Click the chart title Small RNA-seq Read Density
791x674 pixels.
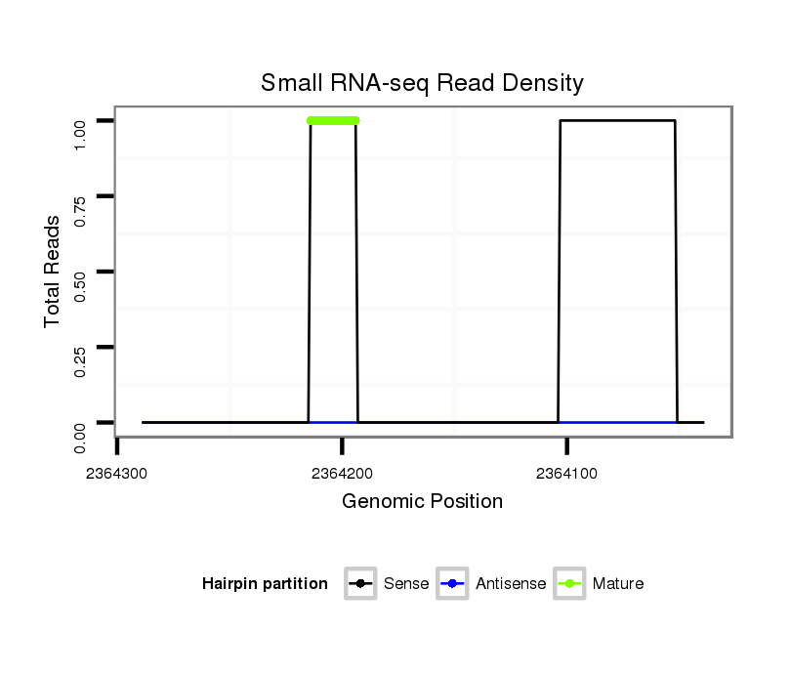pos(422,83)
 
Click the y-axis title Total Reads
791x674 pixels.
pos(53,271)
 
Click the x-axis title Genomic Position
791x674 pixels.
pos(422,502)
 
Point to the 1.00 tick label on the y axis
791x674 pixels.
pos(81,120)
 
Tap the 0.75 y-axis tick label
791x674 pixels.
pos(81,196)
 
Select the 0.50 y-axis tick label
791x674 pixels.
pos(81,272)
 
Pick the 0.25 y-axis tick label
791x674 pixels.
pos(81,347)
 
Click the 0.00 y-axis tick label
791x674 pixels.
pos(81,423)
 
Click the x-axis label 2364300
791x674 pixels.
pos(117,474)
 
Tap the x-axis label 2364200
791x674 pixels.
pos(342,474)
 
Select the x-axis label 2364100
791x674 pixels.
pos(567,474)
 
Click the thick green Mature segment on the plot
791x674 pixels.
pos(333,121)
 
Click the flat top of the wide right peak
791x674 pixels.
pos(617,121)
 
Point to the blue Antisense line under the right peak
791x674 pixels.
pos(617,422)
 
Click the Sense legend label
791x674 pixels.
pos(406,584)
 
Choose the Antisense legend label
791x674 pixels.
pos(511,584)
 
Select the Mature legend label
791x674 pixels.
pos(618,584)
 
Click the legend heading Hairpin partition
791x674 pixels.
pos(265,584)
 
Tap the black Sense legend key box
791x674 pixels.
pos(360,584)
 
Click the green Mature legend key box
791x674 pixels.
pos(569,584)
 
